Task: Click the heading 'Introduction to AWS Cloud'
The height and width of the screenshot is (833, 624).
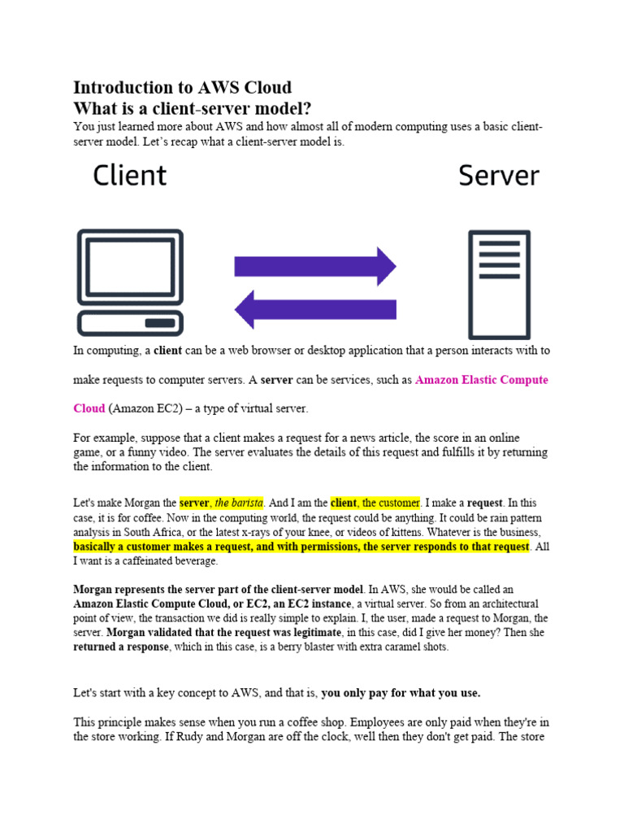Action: (x=182, y=88)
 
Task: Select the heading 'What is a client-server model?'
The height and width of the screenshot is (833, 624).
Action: (x=193, y=108)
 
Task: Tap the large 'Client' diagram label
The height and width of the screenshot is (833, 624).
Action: (x=129, y=176)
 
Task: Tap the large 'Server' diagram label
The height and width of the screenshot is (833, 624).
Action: (x=498, y=176)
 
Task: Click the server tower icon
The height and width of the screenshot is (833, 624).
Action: (x=499, y=285)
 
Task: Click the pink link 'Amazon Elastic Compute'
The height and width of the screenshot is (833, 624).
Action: (x=481, y=380)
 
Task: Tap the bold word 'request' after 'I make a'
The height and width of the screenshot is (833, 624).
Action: (x=484, y=504)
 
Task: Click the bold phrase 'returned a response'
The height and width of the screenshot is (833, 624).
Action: (x=124, y=648)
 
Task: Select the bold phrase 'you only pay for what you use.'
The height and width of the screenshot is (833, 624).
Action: (x=401, y=694)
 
